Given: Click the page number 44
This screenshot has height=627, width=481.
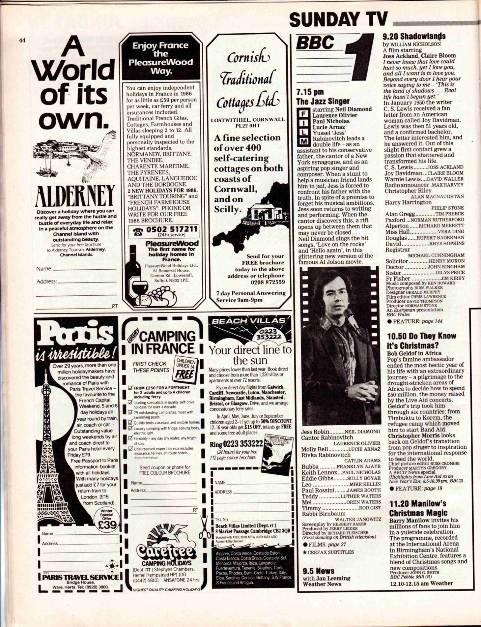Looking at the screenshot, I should (22, 40).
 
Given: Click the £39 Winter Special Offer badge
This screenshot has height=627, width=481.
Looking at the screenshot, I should (107, 521).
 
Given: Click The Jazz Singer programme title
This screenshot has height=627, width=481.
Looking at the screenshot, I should (323, 101).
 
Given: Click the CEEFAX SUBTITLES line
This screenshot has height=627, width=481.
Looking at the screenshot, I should (328, 552).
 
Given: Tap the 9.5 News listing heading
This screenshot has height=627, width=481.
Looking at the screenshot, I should (318, 571).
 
